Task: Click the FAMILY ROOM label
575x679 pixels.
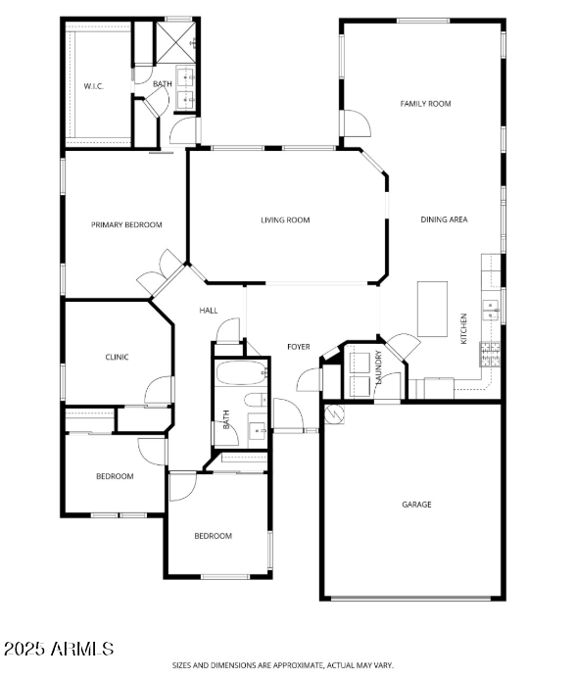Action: click(x=425, y=103)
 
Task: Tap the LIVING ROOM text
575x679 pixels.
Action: click(x=285, y=220)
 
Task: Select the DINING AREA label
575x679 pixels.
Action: click(x=444, y=219)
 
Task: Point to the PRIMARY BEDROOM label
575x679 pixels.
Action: click(x=126, y=224)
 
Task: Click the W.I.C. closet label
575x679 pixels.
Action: click(x=94, y=86)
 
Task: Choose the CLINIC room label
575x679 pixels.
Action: click(x=117, y=357)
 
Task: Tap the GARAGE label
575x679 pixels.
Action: click(x=416, y=505)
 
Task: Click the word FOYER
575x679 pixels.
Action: click(x=298, y=347)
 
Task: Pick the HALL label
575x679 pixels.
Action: click(x=209, y=311)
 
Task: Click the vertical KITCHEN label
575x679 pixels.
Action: click(x=463, y=328)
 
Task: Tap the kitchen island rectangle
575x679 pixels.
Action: click(x=432, y=308)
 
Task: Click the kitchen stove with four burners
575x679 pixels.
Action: click(x=491, y=354)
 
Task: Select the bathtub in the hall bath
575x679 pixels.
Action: click(x=240, y=373)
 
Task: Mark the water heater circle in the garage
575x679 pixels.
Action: click(x=332, y=414)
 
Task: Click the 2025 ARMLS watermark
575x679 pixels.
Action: click(x=58, y=649)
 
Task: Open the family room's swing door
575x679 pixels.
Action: click(x=355, y=123)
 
